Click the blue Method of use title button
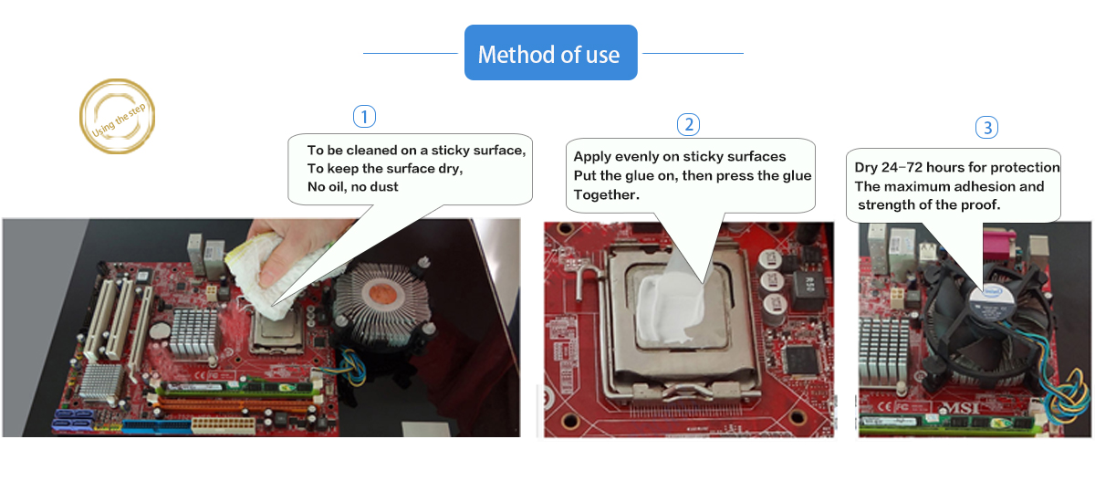(550, 53)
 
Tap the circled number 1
(364, 116)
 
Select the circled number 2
(688, 125)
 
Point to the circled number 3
(987, 127)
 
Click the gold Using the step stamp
(118, 116)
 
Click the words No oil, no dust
(352, 187)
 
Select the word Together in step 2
(606, 194)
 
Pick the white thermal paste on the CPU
(669, 308)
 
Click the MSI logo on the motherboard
(961, 407)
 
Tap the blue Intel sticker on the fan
(993, 292)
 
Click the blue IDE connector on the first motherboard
(157, 427)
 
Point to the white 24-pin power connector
(224, 425)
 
